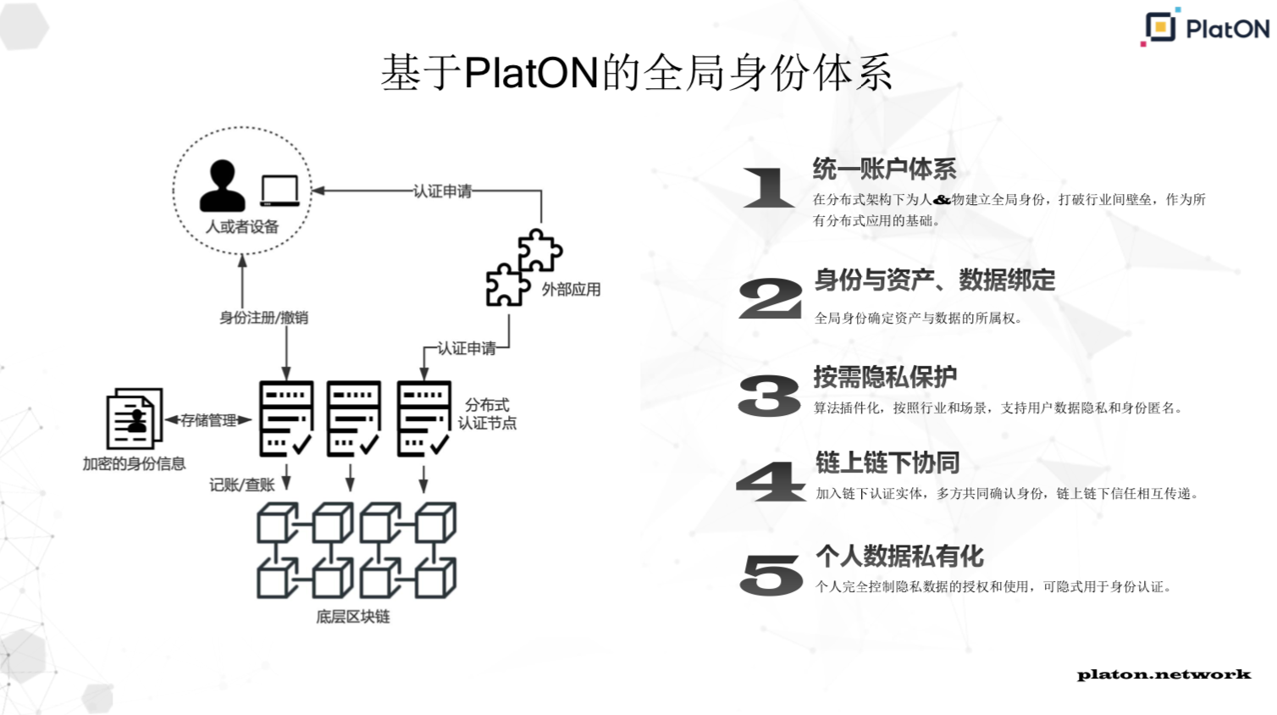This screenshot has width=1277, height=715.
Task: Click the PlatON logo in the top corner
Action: [1205, 27]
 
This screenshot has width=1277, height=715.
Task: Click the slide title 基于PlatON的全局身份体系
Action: [636, 73]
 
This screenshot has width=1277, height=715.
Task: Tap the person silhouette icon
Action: [222, 186]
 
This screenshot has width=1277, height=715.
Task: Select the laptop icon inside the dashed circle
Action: [279, 191]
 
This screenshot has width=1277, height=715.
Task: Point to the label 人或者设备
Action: [242, 227]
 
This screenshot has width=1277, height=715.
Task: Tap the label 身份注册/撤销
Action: [263, 318]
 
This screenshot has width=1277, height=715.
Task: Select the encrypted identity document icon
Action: [134, 418]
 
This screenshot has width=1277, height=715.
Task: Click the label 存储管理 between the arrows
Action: [208, 420]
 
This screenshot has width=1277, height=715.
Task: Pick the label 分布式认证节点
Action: [487, 413]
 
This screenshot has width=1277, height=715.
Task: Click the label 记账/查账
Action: [242, 485]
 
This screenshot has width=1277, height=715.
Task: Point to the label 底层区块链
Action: [353, 617]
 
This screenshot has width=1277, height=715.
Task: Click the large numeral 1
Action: [768, 187]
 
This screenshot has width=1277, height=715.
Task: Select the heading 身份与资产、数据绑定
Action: [935, 280]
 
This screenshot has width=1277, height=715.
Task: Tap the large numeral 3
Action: [769, 396]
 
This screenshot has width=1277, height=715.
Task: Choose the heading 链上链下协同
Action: [887, 463]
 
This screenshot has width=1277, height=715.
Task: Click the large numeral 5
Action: [771, 574]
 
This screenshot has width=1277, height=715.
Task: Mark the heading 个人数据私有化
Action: [899, 557]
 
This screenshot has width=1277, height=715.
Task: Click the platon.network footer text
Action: [1164, 675]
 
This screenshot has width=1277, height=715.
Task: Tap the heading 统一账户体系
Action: [884, 169]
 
